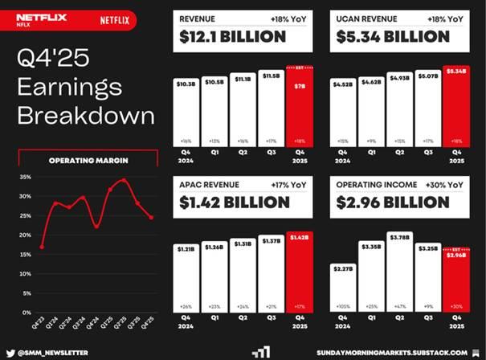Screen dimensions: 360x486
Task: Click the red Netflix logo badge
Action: tap(116, 20)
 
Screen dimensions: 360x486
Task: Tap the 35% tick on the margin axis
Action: tap(24, 177)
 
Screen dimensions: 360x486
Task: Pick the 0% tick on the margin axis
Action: tap(26, 312)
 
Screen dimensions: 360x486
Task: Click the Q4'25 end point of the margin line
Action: tap(150, 217)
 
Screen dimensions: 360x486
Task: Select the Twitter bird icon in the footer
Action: tap(10, 353)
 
